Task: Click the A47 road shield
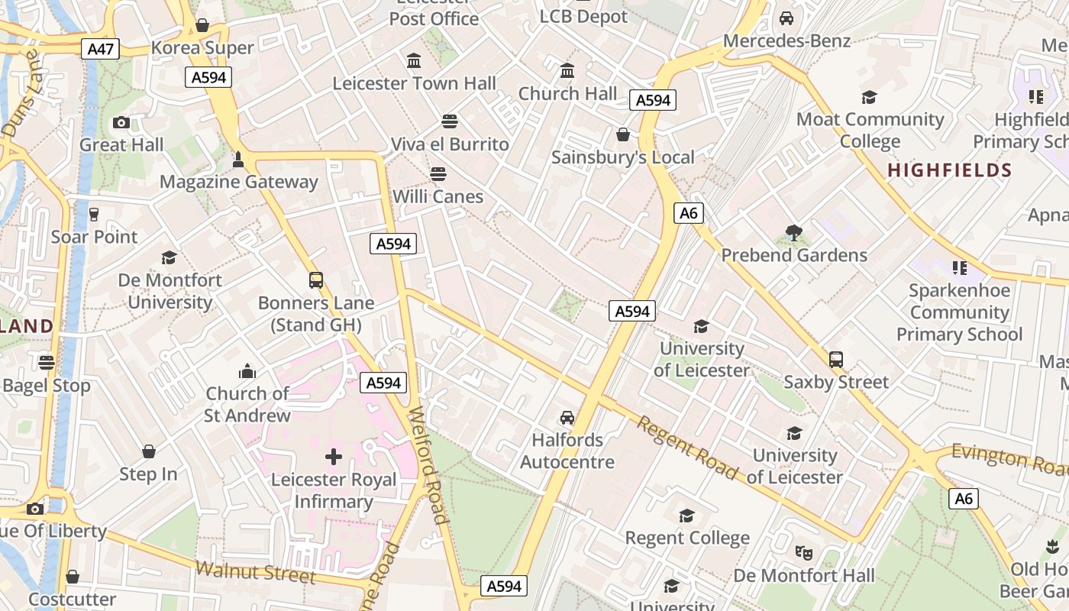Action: [x=101, y=50]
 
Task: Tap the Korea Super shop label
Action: [x=202, y=48]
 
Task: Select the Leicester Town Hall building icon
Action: [x=414, y=60]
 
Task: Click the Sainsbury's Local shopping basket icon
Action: [x=623, y=134]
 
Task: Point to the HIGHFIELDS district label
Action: [x=949, y=170]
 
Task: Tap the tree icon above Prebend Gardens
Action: [x=794, y=232]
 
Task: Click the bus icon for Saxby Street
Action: [x=836, y=359]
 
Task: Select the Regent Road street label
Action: [x=687, y=448]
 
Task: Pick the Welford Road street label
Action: [x=428, y=466]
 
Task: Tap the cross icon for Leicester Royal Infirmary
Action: [x=334, y=457]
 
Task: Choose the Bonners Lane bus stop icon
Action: [x=316, y=280]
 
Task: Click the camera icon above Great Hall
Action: [x=121, y=122]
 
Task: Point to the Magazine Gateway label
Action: [x=238, y=182]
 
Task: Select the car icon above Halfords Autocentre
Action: [x=567, y=417]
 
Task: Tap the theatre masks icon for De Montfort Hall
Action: [x=803, y=551]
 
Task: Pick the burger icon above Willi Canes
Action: [x=438, y=173]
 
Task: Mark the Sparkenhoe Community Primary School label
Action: [x=959, y=312]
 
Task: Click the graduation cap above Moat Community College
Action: [x=869, y=97]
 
